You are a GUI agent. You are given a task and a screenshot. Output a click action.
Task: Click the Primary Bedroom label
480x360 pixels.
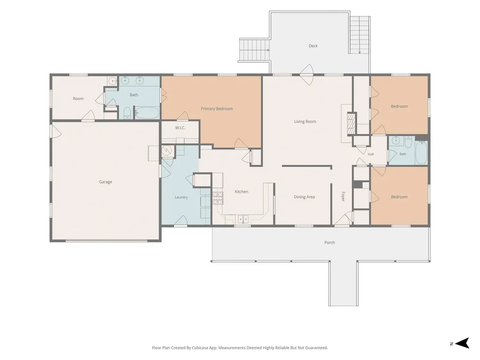pyautogui.click(x=217, y=109)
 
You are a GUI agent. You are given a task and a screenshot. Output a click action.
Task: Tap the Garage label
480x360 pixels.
pyautogui.click(x=105, y=182)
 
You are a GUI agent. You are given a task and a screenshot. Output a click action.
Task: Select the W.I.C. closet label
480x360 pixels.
pyautogui.click(x=180, y=128)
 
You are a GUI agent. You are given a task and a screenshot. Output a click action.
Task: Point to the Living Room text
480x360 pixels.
pyautogui.click(x=305, y=122)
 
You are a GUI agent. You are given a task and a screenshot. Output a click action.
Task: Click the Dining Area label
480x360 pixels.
pyautogui.click(x=304, y=197)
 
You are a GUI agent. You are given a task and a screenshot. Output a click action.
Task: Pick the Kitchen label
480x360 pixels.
pyautogui.click(x=242, y=191)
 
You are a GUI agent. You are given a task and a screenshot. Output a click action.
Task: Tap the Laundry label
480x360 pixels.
pyautogui.click(x=181, y=197)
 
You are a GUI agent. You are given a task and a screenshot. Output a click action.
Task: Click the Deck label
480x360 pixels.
pyautogui.click(x=313, y=46)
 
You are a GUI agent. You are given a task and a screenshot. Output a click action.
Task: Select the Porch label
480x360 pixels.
pyautogui.click(x=330, y=242)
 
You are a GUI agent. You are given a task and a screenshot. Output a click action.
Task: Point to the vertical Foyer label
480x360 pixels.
pyautogui.click(x=343, y=197)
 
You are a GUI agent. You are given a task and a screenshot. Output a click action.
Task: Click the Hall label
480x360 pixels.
pyautogui.click(x=371, y=154)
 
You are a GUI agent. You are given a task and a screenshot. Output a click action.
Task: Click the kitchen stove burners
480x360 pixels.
pyautogui.click(x=218, y=198)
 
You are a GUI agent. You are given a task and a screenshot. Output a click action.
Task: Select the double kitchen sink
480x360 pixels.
pyautogui.click(x=244, y=219)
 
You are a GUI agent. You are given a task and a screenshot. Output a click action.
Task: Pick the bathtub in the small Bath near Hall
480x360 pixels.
pyautogui.click(x=421, y=152)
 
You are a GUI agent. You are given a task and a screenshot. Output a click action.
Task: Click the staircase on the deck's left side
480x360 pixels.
pyautogui.click(x=254, y=50)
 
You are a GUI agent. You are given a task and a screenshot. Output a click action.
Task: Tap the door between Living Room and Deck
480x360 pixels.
pyautogui.click(x=307, y=74)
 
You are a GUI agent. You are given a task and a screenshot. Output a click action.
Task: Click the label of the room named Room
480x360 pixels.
pyautogui.click(x=78, y=99)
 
